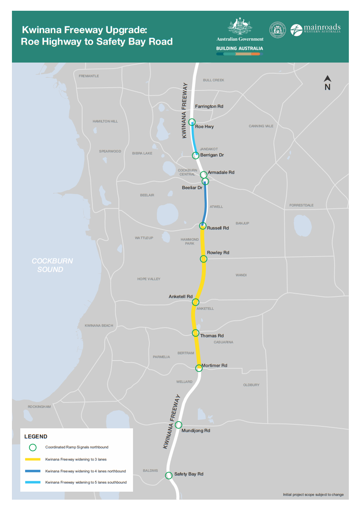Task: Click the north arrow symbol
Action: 327,82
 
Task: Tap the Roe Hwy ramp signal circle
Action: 192,122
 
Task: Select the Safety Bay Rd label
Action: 189,474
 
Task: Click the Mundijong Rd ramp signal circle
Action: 179,425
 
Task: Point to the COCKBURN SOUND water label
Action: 52,265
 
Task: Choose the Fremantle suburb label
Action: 89,76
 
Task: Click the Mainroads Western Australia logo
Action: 315,30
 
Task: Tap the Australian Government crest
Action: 240,27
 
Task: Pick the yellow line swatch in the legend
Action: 33,459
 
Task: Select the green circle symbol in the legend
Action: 33,447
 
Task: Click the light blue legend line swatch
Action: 33,483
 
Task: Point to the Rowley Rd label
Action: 218,253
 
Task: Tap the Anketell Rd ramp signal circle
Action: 196,302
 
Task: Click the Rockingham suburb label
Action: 39,407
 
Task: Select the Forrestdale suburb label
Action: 301,206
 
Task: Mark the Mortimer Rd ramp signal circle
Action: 199,368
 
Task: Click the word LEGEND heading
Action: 36,437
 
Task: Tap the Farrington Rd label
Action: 209,106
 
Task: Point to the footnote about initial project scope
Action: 313,495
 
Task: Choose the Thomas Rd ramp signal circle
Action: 196,333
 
